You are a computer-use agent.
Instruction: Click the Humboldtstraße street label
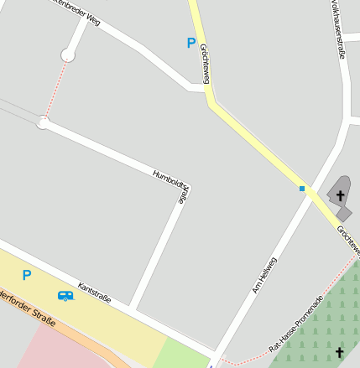170,186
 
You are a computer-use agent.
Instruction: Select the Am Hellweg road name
263,274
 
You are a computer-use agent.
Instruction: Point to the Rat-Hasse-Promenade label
295,324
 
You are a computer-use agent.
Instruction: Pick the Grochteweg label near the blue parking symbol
205,64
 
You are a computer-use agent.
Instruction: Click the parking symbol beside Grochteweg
191,43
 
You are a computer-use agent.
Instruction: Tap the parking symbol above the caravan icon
27,274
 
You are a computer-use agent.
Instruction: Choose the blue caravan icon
65,295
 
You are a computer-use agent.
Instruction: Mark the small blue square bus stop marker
302,189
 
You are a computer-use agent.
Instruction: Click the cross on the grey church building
340,196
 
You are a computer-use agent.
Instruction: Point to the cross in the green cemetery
340,352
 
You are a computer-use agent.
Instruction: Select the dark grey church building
339,198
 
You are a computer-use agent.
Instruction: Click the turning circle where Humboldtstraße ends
43,123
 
